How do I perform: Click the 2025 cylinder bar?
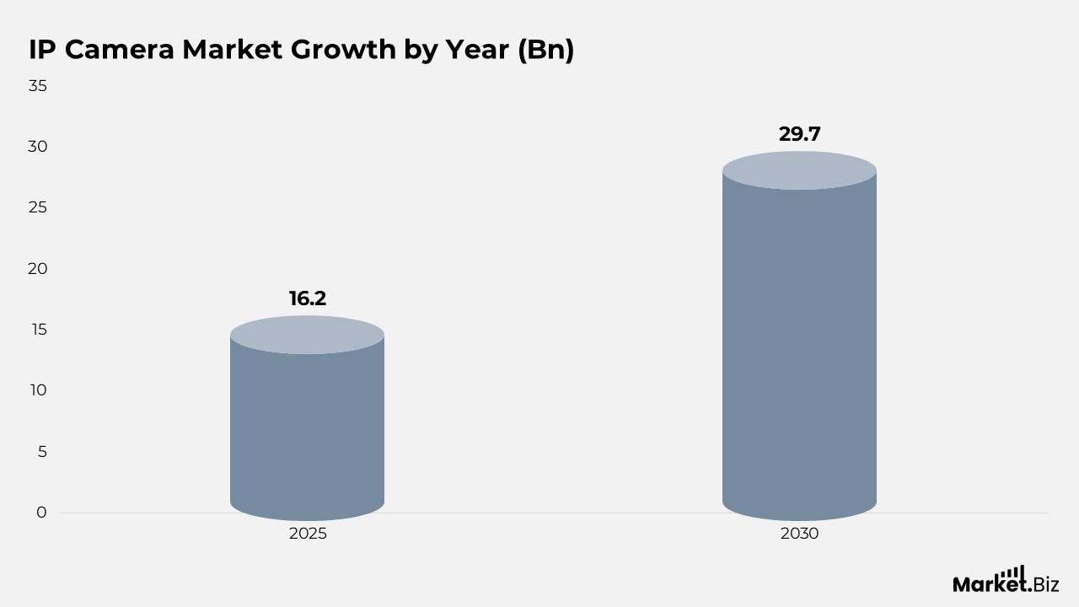click(x=308, y=418)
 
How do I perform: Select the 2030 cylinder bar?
click(x=800, y=336)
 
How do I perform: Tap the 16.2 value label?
click(x=308, y=298)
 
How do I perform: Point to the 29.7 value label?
click(x=800, y=134)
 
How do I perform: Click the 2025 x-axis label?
click(x=308, y=534)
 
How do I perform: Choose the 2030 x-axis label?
click(x=800, y=534)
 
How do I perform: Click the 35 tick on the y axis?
click(x=38, y=86)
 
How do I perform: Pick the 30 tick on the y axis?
click(x=38, y=147)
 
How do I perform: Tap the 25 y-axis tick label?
click(x=38, y=207)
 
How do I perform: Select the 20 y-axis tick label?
click(x=38, y=269)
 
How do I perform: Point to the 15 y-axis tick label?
click(x=39, y=330)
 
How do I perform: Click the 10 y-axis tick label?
click(x=39, y=390)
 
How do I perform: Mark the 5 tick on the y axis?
click(x=42, y=451)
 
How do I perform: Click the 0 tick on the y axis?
click(x=42, y=512)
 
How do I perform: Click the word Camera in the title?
click(x=120, y=49)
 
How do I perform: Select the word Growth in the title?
click(x=343, y=49)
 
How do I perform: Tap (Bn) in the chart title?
click(x=546, y=50)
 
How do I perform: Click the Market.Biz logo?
click(x=1006, y=579)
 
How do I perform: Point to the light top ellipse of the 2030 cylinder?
click(x=800, y=170)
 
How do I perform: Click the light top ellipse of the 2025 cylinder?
click(x=308, y=335)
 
